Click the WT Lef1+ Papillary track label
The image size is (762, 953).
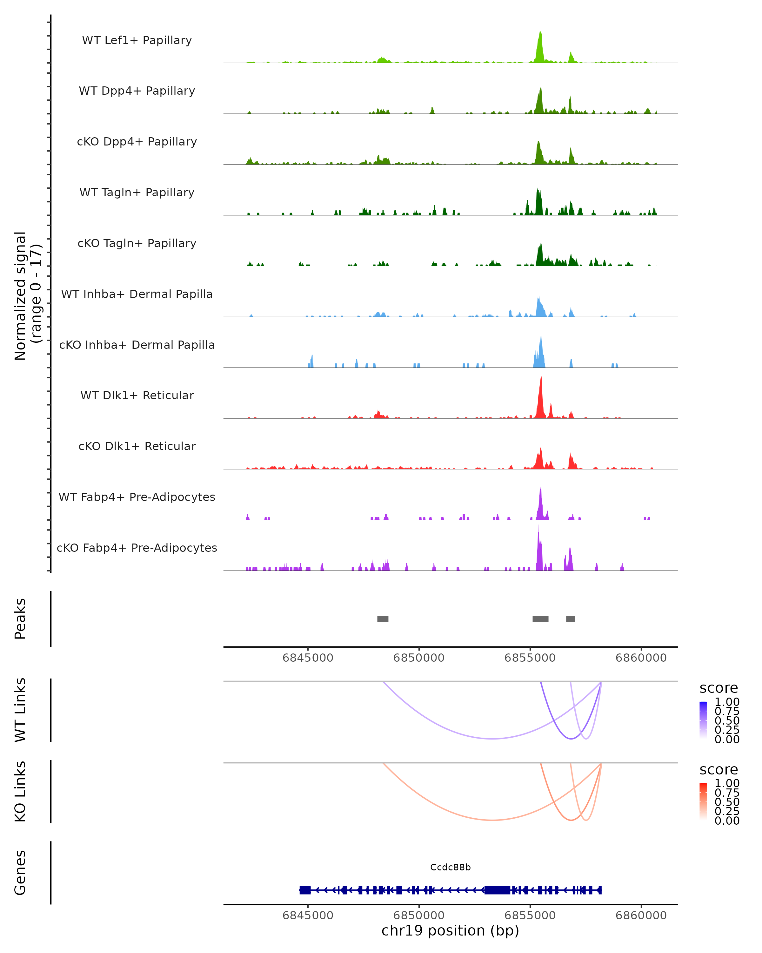[x=137, y=40]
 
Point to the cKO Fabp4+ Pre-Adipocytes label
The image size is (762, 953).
[x=137, y=548]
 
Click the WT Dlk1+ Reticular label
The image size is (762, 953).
[x=137, y=395]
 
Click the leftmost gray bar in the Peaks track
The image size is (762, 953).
[x=383, y=619]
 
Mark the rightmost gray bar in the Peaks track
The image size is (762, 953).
[x=570, y=619]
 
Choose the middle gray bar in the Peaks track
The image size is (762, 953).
[x=540, y=619]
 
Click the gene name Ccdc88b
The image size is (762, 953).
[x=450, y=867]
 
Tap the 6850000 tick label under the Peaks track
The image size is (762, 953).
[x=419, y=658]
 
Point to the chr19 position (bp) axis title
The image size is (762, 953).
[x=450, y=931]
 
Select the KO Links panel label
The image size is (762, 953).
[x=20, y=791]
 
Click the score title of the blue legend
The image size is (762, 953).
[x=718, y=688]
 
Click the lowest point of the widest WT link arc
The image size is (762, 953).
[x=492, y=739]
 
